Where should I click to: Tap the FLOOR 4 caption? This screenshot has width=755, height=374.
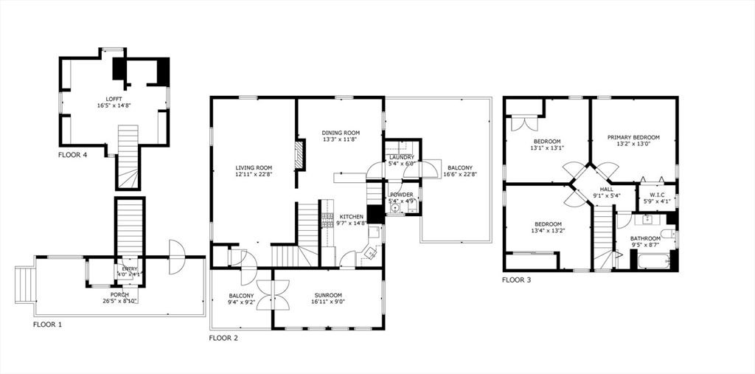click(75, 155)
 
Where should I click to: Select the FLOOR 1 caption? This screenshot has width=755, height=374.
click(49, 324)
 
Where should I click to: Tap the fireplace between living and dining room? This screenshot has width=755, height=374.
click(299, 156)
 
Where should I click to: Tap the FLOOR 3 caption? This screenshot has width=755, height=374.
click(516, 280)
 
